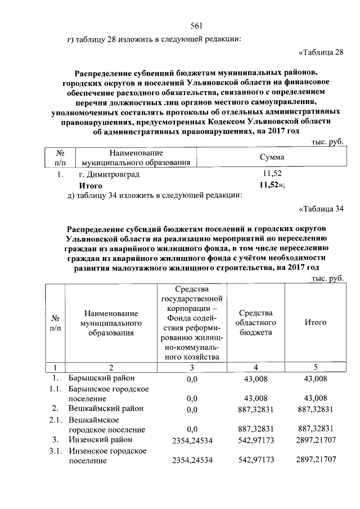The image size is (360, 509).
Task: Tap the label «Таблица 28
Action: [x=319, y=53]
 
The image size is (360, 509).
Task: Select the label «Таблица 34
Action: [x=319, y=210]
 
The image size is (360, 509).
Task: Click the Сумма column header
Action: [x=272, y=157]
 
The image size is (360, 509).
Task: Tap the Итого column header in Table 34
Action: [x=316, y=322]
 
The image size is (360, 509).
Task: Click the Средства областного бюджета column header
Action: [x=256, y=322]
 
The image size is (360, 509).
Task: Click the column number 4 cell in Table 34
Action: [x=256, y=367]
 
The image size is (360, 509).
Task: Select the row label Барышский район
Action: [x=101, y=377]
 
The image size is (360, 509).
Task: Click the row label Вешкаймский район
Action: [x=105, y=408]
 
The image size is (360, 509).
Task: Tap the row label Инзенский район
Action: [x=100, y=439]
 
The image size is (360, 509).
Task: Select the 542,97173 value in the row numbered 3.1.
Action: [x=256, y=460]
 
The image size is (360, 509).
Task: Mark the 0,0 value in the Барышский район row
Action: [x=192, y=378]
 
